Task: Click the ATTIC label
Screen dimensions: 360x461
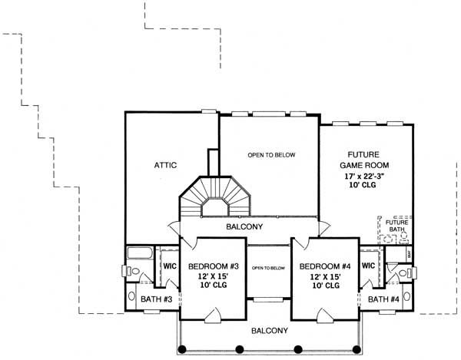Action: [166, 165]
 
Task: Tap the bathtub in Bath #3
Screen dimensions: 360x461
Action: [140, 254]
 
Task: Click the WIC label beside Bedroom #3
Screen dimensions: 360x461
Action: [169, 266]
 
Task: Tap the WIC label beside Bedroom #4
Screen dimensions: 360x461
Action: [368, 266]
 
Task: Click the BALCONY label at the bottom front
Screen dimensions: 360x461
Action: [269, 331]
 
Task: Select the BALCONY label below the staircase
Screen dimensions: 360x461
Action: [245, 227]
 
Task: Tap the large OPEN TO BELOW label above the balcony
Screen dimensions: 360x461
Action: [270, 155]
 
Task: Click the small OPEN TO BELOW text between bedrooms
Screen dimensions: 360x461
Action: [268, 268]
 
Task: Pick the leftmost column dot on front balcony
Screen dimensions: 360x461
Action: [182, 349]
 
